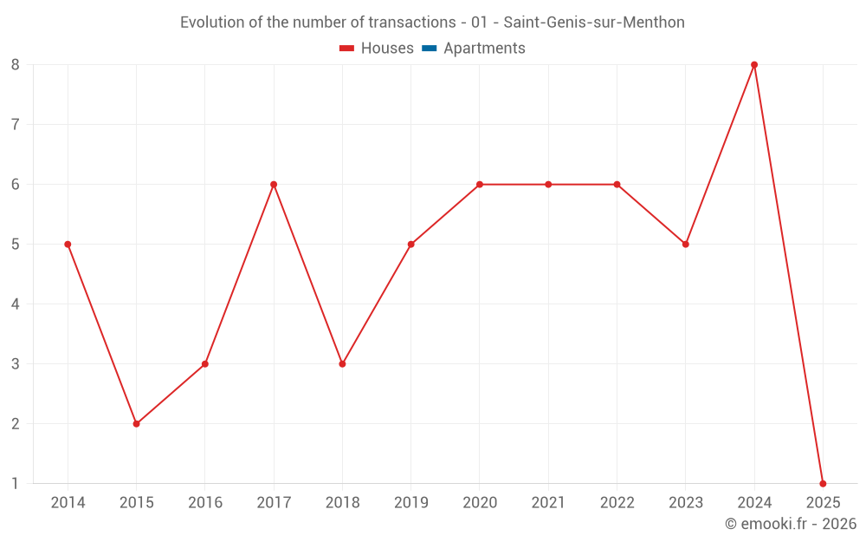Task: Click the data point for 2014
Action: [x=68, y=245]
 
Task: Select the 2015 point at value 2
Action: [x=136, y=424]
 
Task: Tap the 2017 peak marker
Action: [x=274, y=185]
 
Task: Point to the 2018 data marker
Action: [x=342, y=364]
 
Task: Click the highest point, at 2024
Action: [x=754, y=65]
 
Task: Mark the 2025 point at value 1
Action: [x=823, y=484]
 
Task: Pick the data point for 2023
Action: [x=685, y=245]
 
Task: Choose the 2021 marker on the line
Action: [x=548, y=185]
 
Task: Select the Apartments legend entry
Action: [x=484, y=49]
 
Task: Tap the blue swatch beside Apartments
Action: [x=429, y=49]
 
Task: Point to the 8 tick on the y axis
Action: [x=16, y=65]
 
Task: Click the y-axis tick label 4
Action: [x=16, y=304]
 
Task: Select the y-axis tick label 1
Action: [x=16, y=484]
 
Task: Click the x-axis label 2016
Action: [x=205, y=503]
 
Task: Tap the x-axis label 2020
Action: [x=480, y=503]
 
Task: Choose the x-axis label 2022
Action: [x=617, y=503]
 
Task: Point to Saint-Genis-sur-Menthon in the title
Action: [x=594, y=23]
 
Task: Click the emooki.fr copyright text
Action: [x=791, y=524]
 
